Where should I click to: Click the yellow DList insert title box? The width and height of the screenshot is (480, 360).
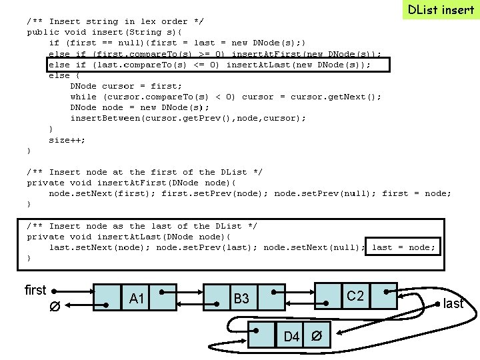(x=441, y=10)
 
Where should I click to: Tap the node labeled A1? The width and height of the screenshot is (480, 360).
(x=137, y=298)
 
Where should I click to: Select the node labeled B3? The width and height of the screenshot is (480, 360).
(x=241, y=298)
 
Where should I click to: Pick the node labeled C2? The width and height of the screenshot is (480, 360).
(x=355, y=295)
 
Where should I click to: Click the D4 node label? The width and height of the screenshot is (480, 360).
(x=291, y=336)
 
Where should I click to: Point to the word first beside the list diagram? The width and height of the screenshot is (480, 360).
(x=35, y=290)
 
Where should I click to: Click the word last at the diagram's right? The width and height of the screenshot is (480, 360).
(x=453, y=304)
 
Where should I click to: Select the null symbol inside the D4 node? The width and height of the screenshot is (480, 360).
(x=319, y=335)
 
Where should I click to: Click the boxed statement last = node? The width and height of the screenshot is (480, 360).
(x=403, y=247)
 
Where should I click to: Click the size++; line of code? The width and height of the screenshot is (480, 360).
(x=67, y=140)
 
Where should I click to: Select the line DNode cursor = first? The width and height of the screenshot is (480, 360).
(x=125, y=86)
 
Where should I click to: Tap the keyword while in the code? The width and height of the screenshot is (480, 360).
(x=83, y=97)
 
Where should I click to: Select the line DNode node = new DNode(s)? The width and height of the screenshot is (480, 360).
(x=139, y=107)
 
